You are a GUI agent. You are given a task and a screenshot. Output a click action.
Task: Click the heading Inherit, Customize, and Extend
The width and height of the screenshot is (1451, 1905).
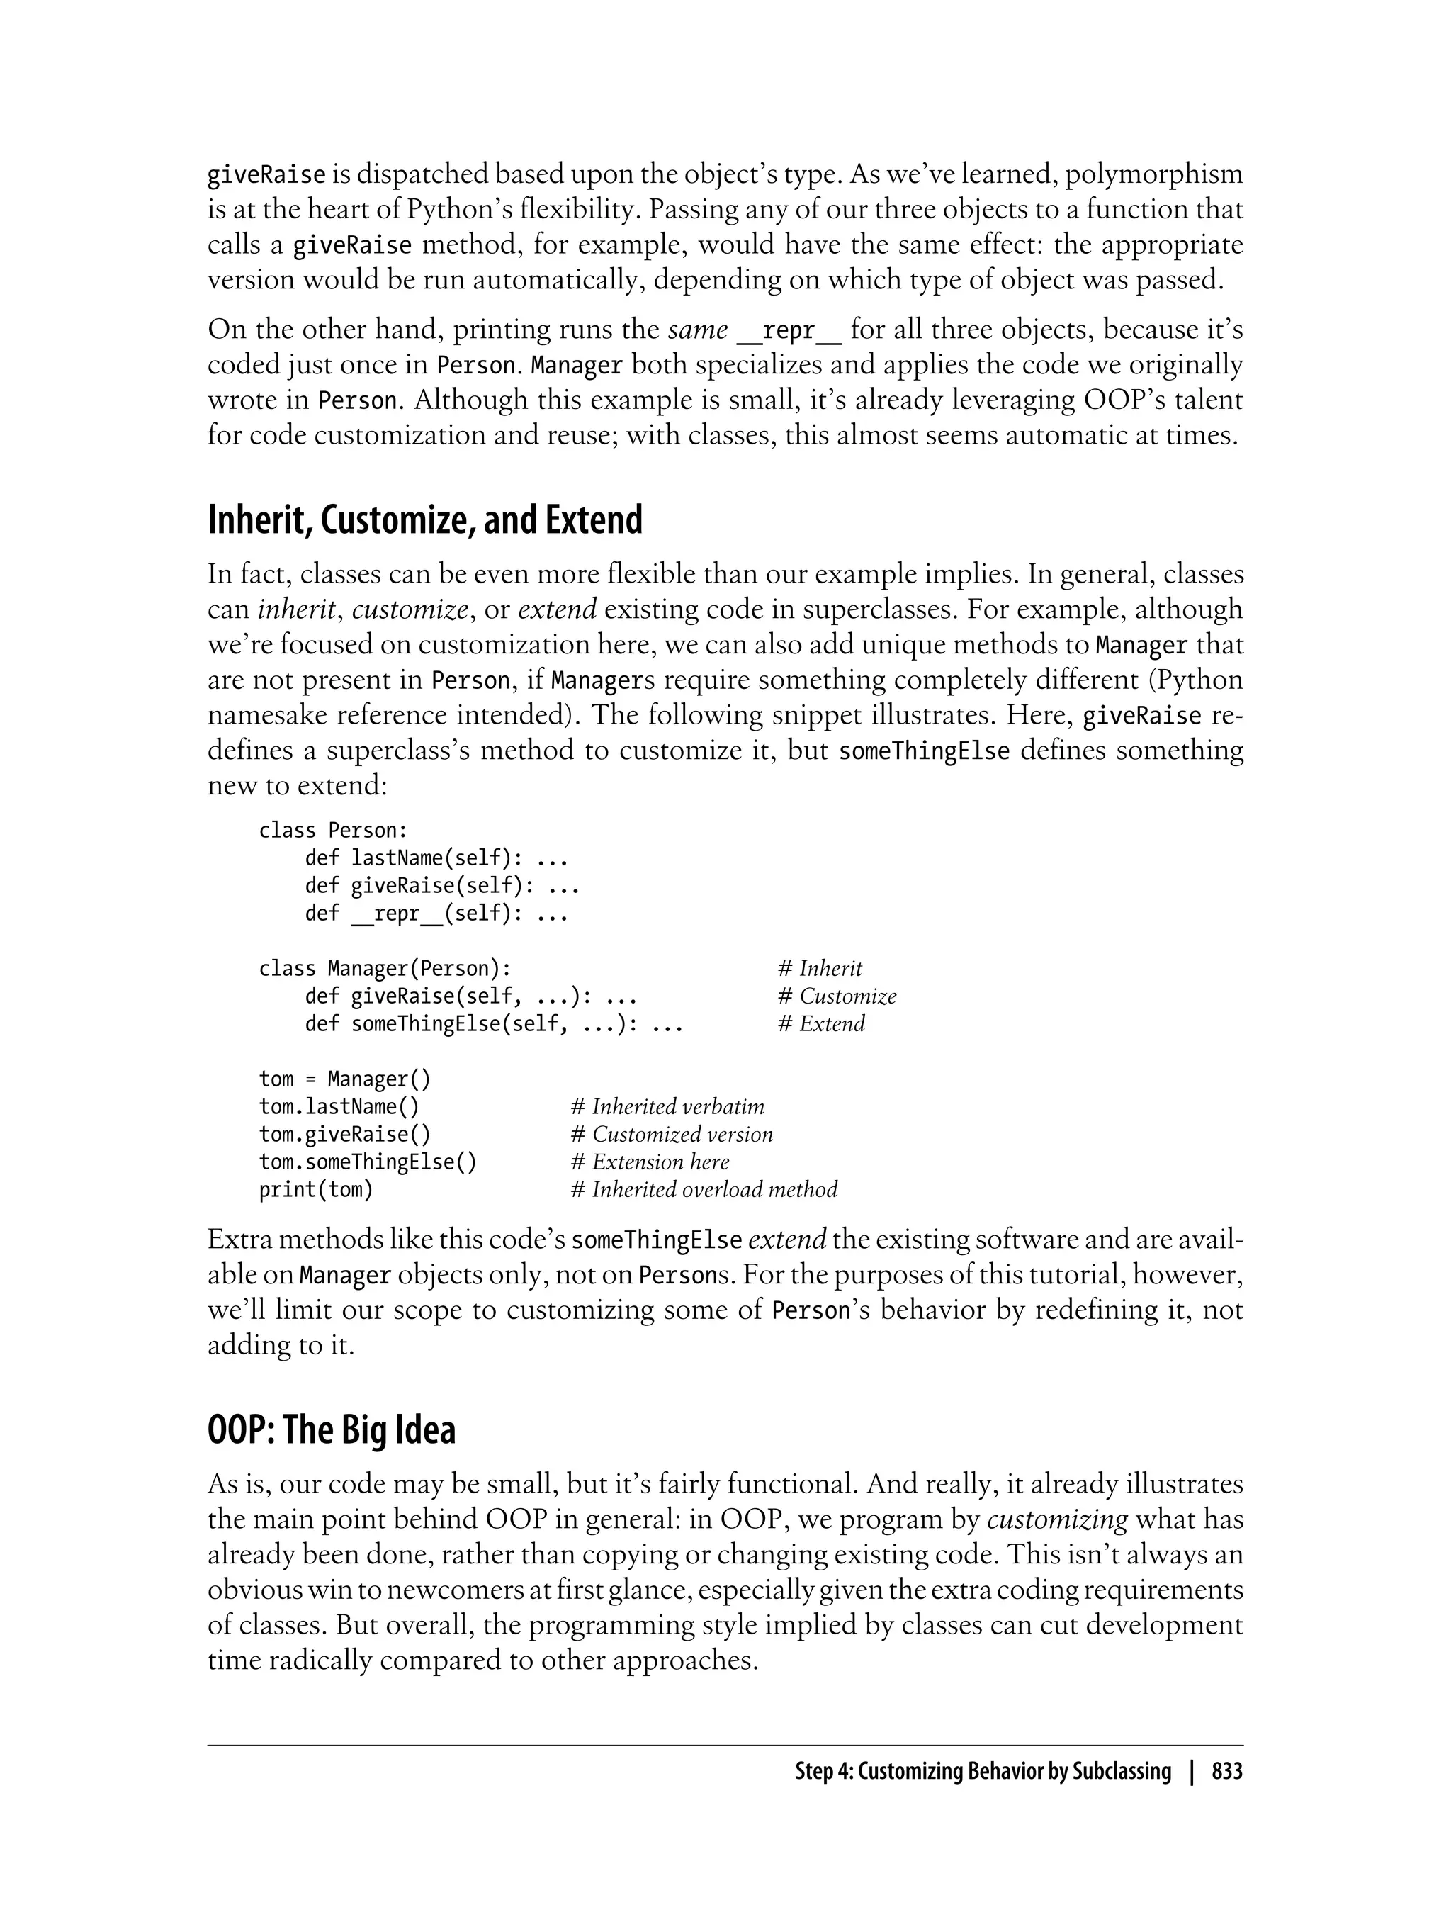pos(425,520)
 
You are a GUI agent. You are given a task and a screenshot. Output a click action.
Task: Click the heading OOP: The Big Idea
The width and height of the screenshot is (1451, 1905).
pos(332,1430)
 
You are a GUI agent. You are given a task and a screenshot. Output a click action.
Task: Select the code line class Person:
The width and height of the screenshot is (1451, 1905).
pos(332,831)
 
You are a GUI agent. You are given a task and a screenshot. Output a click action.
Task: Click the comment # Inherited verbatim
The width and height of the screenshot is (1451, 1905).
pos(667,1107)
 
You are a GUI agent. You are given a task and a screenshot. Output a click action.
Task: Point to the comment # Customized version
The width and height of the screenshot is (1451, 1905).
pos(671,1135)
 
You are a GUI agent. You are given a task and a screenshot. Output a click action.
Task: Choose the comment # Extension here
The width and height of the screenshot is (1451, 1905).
pos(650,1162)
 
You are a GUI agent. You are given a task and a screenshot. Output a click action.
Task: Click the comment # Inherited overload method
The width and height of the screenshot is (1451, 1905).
pos(704,1190)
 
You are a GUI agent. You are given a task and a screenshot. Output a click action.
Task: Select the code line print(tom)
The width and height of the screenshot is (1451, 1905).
pos(316,1190)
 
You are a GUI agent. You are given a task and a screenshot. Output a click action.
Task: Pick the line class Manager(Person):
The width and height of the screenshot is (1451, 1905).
pos(385,969)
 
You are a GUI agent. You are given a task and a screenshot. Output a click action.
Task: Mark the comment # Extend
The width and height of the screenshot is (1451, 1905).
pos(820,1024)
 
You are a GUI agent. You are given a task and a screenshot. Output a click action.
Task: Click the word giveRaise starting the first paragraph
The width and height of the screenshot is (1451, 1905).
pos(266,175)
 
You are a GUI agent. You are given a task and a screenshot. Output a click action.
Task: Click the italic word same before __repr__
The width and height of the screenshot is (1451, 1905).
pos(698,329)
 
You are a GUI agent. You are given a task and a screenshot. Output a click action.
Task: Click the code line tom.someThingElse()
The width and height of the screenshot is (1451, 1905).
pos(367,1162)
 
